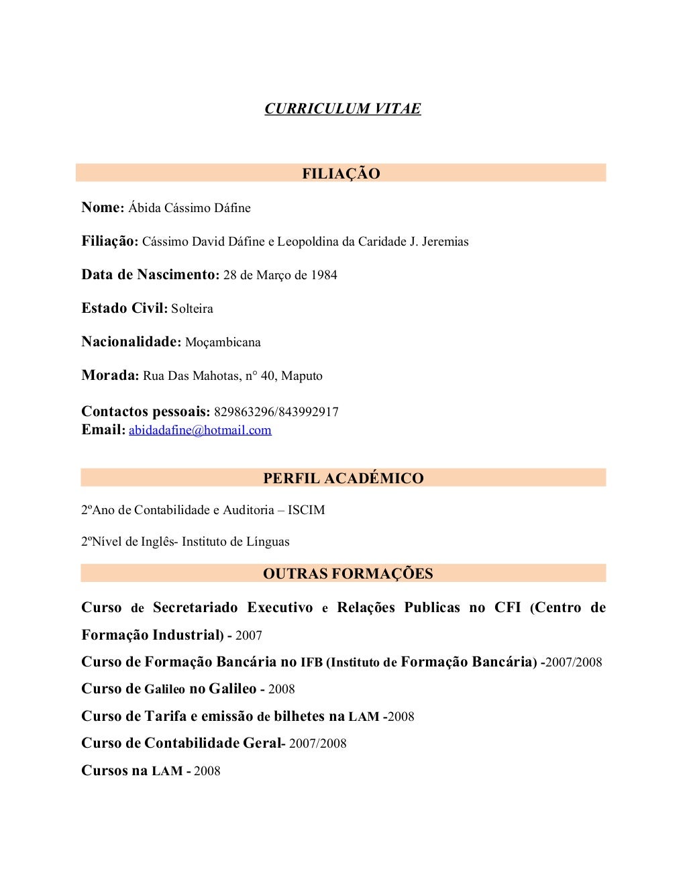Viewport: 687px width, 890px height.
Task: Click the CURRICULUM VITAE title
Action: [342, 109]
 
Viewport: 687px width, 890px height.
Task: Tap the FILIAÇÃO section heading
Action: [341, 173]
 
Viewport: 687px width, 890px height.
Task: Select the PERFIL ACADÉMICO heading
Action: [343, 478]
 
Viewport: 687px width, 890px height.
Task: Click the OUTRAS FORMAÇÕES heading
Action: [348, 573]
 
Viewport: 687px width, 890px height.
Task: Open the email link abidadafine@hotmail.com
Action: [200, 430]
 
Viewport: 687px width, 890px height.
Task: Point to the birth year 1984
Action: [323, 275]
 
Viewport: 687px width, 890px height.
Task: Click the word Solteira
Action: [192, 309]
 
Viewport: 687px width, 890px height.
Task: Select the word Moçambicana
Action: [223, 342]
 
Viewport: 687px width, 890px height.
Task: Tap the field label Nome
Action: [102, 207]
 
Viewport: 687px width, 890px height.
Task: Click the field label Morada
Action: [109, 375]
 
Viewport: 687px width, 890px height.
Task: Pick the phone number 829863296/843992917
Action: [276, 411]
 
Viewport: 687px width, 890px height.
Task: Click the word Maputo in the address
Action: [301, 376]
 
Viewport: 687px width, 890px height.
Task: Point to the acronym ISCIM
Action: [306, 510]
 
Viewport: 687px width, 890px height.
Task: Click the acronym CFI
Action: [507, 607]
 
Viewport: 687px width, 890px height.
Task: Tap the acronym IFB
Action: [311, 662]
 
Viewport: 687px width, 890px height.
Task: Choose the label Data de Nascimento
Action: [150, 275]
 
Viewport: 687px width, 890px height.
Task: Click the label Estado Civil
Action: [123, 308]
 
